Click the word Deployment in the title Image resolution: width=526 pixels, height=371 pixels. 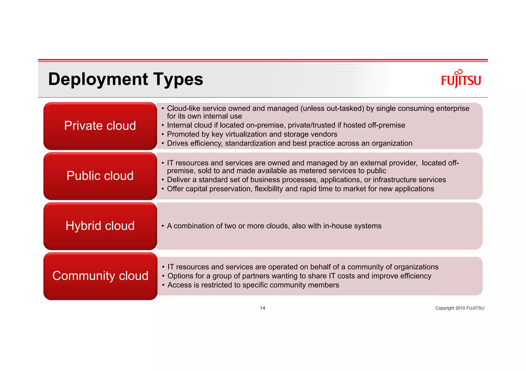(98, 79)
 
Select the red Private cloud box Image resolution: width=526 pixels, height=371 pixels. (100, 126)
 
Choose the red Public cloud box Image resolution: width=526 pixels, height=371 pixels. (100, 176)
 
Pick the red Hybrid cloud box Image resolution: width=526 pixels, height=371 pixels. (100, 226)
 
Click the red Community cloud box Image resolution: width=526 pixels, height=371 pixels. (100, 276)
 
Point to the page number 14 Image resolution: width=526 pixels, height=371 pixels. (262, 308)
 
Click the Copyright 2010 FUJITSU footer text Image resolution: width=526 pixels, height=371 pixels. (460, 308)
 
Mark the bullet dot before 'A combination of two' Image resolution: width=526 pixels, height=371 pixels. (163, 226)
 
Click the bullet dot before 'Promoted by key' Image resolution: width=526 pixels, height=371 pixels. (163, 134)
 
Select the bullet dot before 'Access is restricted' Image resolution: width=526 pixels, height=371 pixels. (163, 285)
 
